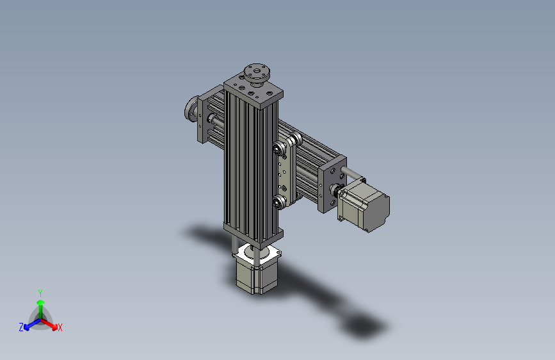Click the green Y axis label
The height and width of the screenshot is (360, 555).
40,291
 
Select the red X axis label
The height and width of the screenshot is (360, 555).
60,328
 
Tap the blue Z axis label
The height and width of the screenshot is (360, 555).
21,327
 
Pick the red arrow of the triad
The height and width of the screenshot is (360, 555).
51,323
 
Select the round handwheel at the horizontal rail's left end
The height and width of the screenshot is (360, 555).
191,110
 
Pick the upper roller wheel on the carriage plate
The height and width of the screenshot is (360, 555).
280,150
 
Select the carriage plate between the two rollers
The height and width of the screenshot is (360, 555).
285,176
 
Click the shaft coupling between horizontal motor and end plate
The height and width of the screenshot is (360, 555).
337,190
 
